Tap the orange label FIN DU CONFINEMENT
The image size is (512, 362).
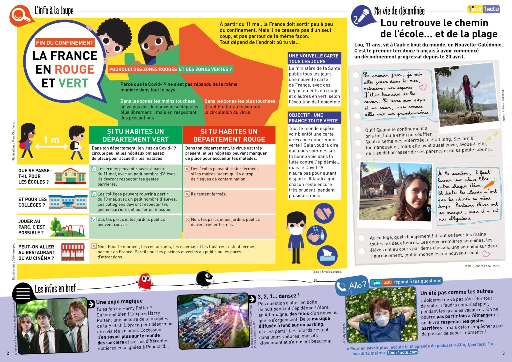(65, 43)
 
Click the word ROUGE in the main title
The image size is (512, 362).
(74, 69)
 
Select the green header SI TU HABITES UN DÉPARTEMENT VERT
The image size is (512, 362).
(135, 135)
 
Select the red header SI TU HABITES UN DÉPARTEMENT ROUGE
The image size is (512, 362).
(229, 135)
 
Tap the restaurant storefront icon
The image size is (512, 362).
(73, 252)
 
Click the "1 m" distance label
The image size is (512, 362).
(51, 140)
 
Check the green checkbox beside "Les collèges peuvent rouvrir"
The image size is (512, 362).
(94, 194)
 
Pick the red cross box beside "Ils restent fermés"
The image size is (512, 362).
(187, 194)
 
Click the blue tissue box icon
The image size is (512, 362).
(327, 256)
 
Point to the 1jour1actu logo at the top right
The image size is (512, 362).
(483, 9)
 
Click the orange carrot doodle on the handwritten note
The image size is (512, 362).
(490, 183)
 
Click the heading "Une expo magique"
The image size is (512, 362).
(119, 302)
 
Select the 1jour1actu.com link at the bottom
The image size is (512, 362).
(402, 352)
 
